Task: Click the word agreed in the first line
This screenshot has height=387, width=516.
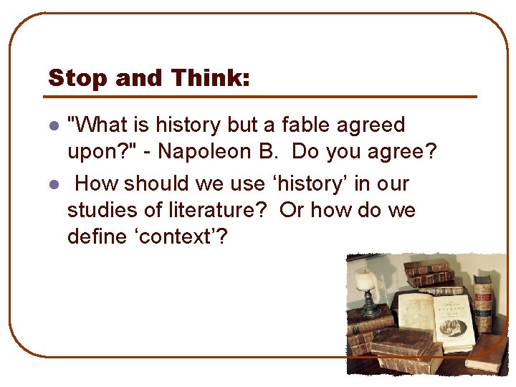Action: [373, 125]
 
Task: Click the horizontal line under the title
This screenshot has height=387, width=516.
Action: [262, 97]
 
